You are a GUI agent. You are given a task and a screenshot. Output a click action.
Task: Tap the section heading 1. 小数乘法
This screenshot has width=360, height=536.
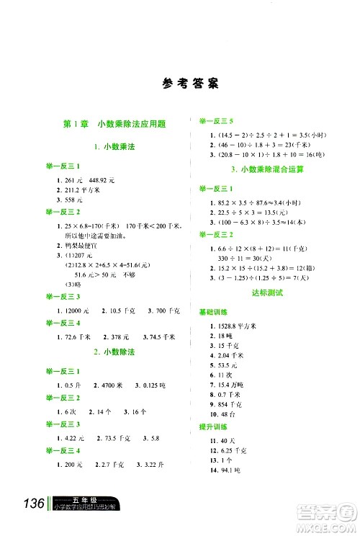click(114, 146)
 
